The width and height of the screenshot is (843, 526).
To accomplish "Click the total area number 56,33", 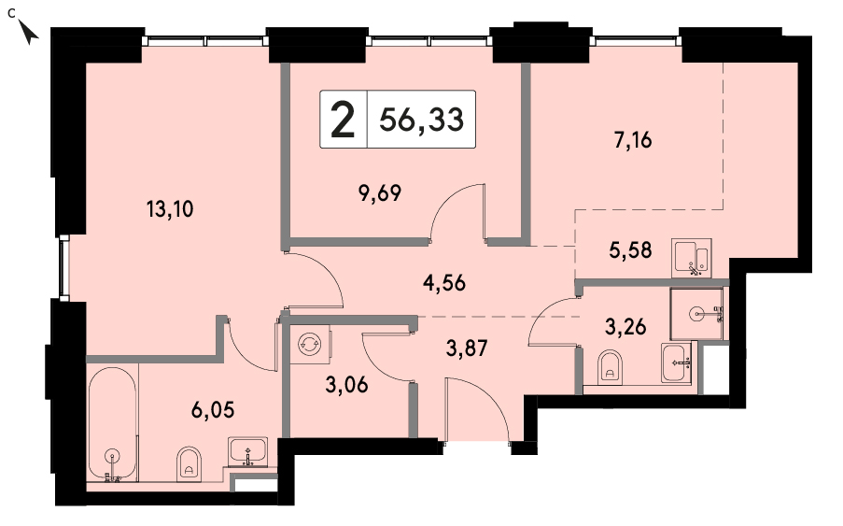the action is [x=421, y=119].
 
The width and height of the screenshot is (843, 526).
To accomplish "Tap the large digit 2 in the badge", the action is [x=343, y=120].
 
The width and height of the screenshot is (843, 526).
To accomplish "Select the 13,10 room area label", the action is [x=170, y=209].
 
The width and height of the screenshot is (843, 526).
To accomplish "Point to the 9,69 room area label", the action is [x=380, y=192].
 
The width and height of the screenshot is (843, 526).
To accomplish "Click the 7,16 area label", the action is [x=633, y=140].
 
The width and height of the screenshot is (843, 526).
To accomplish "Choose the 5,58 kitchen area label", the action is [x=631, y=250].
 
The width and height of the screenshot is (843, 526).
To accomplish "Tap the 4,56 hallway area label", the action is [x=444, y=282].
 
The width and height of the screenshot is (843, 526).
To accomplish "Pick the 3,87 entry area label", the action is [x=467, y=348].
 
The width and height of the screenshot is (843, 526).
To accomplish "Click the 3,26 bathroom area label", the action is [x=625, y=326].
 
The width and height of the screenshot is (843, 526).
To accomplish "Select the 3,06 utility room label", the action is [x=346, y=385].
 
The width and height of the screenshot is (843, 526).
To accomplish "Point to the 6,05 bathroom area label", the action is [x=213, y=410].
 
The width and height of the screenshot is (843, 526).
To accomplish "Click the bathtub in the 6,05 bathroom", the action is [x=112, y=423].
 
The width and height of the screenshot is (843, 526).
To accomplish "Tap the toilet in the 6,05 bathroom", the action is [x=189, y=464].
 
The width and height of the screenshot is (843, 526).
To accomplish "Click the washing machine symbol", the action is [x=310, y=343].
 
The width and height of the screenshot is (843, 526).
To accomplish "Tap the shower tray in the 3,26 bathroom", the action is [x=696, y=313].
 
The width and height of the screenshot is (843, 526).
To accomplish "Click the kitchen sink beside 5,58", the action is [x=692, y=258].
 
